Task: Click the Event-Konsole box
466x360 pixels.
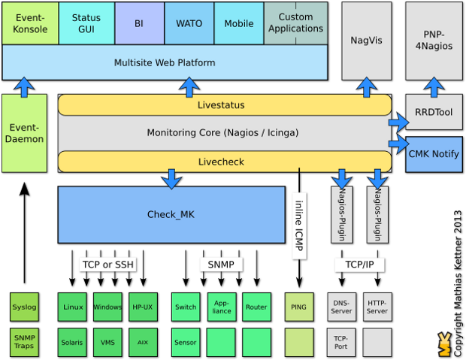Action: coord(30,23)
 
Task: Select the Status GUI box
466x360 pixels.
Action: coord(86,23)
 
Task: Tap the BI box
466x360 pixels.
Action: coord(139,23)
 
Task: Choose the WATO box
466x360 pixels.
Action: coord(189,23)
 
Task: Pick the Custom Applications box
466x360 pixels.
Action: coord(295,23)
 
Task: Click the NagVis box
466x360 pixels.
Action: coord(366,41)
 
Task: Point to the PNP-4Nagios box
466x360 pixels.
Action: coord(434,41)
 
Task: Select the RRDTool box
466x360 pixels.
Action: coord(434,112)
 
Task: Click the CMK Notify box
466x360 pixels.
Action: coord(434,154)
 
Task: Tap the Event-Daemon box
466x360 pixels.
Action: coord(24,133)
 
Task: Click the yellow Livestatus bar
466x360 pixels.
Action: coord(224,105)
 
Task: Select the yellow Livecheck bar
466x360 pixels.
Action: coord(224,162)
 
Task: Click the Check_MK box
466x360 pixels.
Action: coord(171,215)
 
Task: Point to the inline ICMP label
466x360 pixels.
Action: coord(298,225)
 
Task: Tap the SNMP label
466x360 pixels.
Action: coord(220,265)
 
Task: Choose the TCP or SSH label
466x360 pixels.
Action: coord(108,265)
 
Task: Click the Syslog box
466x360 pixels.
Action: coord(24,307)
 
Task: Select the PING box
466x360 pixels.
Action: coord(298,307)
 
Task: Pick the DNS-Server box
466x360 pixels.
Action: coord(340,307)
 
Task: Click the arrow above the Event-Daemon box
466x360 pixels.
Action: coord(24,87)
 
